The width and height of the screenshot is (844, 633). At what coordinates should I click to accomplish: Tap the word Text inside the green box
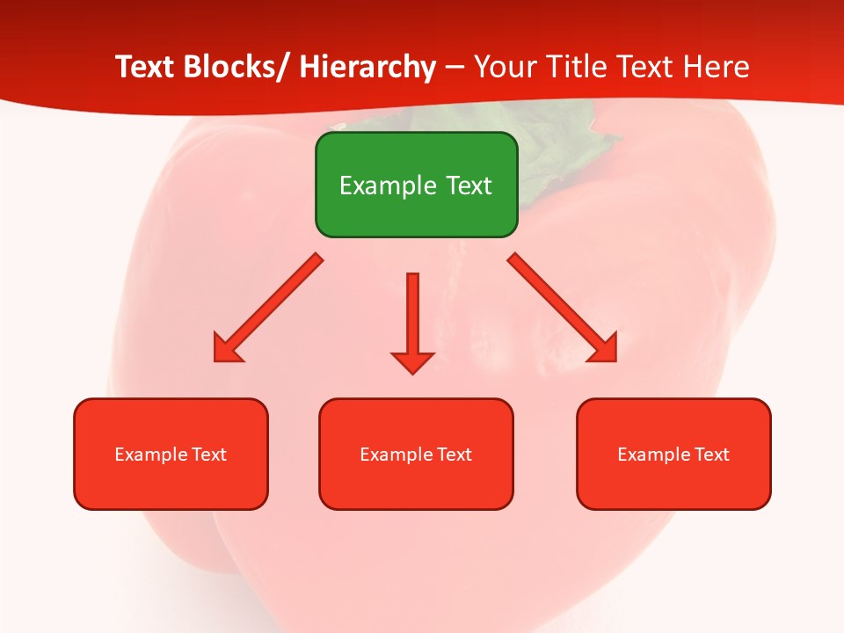tap(466, 186)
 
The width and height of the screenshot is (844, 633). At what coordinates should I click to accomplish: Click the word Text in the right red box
tap(711, 455)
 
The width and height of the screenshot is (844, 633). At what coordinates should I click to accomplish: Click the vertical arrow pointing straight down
tap(412, 316)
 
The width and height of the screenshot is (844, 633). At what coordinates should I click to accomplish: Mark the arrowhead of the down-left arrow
tap(225, 350)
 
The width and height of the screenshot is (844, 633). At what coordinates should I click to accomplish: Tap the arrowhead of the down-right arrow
tap(604, 349)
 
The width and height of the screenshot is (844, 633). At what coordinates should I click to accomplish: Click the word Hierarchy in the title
tap(367, 67)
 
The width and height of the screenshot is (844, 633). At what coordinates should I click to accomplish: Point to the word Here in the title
tap(719, 67)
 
